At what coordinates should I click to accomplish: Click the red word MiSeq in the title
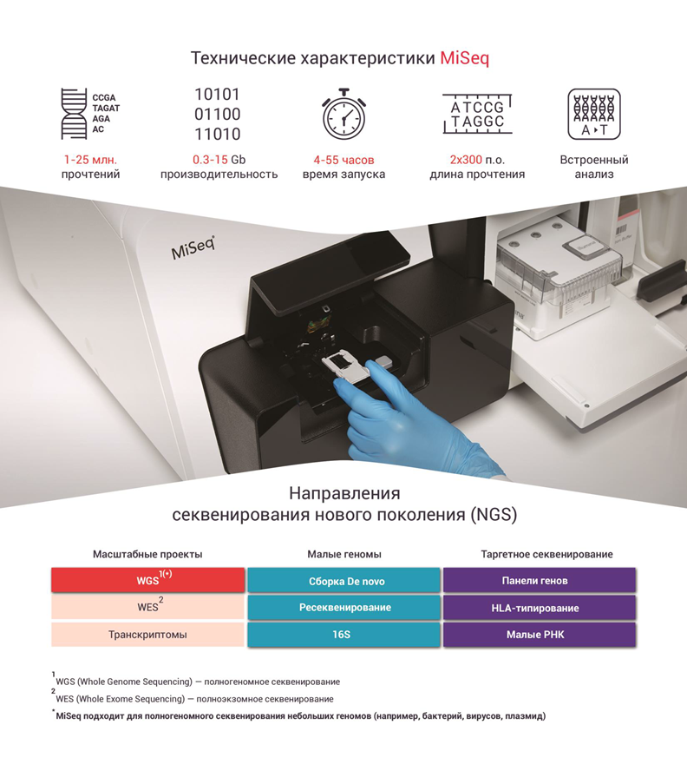(464, 58)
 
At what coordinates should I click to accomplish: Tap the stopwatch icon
(344, 114)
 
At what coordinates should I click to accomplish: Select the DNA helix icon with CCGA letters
(90, 114)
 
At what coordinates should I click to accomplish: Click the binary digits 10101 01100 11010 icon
(217, 114)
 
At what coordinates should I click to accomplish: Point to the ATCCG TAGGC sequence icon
(477, 114)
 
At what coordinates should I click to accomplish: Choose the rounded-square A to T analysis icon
(594, 114)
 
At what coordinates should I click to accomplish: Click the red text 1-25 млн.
(90, 160)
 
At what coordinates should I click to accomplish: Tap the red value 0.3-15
(210, 160)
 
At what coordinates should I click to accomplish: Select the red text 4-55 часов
(344, 160)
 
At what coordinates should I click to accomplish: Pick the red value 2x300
(466, 160)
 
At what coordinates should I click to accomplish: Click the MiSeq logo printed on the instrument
(193, 247)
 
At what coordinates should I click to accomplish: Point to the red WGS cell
(148, 580)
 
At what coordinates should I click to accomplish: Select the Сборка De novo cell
(344, 580)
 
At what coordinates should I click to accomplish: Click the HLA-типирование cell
(540, 608)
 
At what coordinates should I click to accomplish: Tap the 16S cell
(344, 635)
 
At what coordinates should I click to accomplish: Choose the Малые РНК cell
(540, 635)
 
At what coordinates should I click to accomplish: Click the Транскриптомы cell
(148, 635)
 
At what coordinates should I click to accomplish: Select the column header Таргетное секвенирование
(546, 554)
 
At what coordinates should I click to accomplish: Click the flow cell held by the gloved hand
(347, 364)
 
